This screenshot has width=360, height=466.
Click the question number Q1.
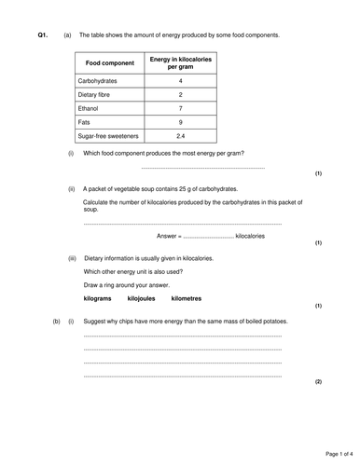(x=43, y=35)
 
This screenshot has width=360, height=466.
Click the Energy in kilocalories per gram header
(x=180, y=63)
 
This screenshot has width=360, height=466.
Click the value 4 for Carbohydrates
(x=180, y=81)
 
